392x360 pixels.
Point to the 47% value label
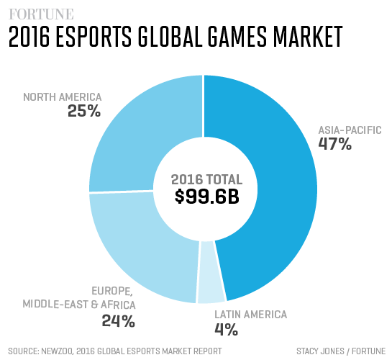tap(335, 145)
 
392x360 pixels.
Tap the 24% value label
tap(119, 320)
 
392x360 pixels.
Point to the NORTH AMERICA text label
tap(63, 96)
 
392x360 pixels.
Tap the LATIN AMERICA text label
tap(251, 315)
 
